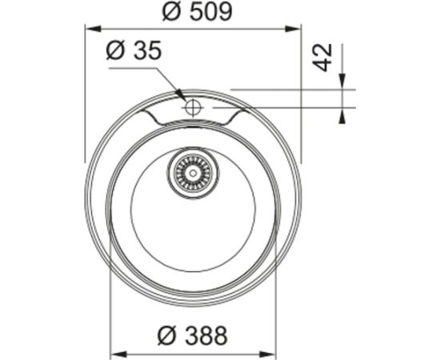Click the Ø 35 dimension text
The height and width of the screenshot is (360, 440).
(134, 51)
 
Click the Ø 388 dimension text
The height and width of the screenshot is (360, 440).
(192, 334)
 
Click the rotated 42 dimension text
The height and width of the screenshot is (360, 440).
(322, 58)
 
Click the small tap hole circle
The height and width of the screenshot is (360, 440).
(193, 106)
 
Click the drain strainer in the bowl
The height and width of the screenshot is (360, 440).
(191, 170)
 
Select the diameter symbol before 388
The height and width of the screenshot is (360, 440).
(165, 334)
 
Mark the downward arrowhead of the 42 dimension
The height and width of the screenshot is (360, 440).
(342, 83)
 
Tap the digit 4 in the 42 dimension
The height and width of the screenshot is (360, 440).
(322, 66)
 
